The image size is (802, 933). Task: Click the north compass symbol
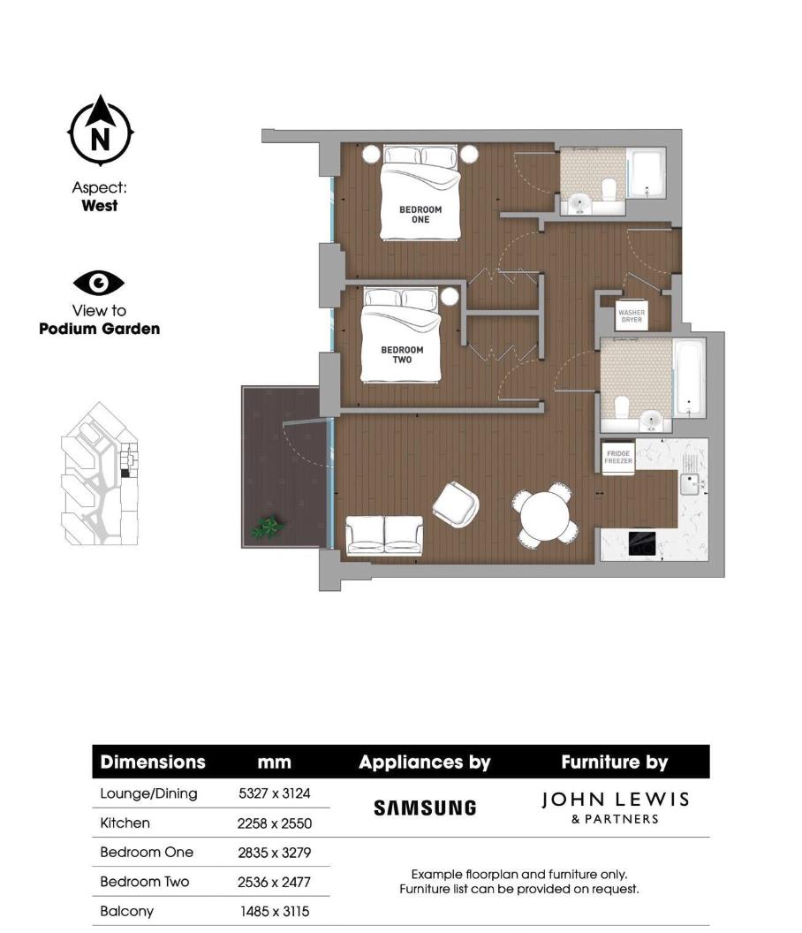[x=101, y=132]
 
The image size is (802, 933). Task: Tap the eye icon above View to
[x=99, y=283]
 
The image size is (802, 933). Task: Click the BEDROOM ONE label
[x=420, y=214]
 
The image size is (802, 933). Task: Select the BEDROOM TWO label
[x=402, y=354]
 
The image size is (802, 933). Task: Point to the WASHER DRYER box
[x=631, y=315]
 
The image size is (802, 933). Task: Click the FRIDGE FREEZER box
[x=617, y=457]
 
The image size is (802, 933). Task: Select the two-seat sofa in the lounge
[x=384, y=535]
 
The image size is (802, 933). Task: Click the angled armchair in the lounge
[x=456, y=504]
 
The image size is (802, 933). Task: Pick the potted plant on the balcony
[x=267, y=527]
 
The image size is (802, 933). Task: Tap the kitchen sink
[x=689, y=482]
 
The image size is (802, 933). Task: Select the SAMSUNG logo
[x=425, y=808]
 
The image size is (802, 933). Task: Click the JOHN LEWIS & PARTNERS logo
[x=614, y=808]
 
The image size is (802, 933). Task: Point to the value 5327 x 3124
[x=275, y=793]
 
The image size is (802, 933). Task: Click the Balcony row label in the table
[x=126, y=910]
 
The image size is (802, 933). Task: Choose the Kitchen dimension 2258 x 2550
[x=275, y=823]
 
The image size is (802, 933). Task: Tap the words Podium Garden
[x=99, y=329]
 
